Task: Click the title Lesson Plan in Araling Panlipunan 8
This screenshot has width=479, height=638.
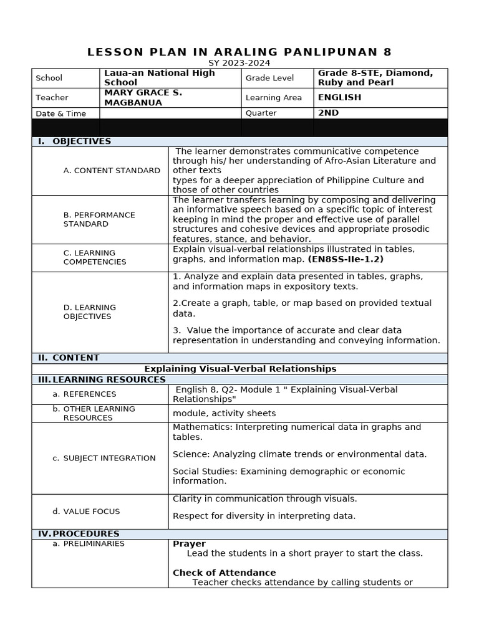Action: (239, 52)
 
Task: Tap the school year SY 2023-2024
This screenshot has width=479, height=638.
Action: (239, 63)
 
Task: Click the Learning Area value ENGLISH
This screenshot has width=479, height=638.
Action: (339, 97)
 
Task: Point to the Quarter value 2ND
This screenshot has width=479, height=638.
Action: (328, 113)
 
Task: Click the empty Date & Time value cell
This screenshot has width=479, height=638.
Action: (170, 113)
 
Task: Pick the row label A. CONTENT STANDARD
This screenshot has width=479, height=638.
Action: (112, 171)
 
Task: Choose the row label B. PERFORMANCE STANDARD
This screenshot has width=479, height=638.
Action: (99, 219)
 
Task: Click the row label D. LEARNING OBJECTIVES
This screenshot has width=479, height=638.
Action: (89, 312)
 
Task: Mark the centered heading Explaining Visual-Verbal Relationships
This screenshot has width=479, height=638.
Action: (240, 369)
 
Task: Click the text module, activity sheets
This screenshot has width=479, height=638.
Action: (224, 413)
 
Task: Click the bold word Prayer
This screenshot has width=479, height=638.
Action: (189, 544)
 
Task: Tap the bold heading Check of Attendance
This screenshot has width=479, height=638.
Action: (224, 573)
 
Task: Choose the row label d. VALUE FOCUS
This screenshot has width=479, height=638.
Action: (91, 512)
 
